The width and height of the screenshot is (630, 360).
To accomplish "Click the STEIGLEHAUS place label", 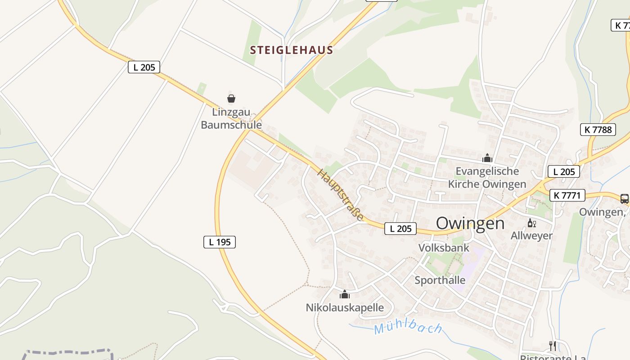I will [292, 50].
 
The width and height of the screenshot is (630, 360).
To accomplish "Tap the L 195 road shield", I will [220, 242].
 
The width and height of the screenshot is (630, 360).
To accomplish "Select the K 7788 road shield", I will [598, 130].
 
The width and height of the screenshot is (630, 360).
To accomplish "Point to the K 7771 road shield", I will [567, 195].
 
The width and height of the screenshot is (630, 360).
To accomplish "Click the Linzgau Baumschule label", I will [231, 118].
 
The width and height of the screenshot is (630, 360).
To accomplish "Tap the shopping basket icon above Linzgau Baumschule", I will [231, 99].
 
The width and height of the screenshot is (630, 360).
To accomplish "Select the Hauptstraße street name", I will [341, 194].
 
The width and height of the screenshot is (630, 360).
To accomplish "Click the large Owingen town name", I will [470, 223].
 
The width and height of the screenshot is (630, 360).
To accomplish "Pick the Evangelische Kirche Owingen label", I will [487, 177].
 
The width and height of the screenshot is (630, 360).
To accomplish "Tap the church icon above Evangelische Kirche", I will [487, 158].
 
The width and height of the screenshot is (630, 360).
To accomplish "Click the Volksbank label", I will [444, 247].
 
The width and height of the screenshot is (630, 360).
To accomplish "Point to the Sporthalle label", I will [440, 280].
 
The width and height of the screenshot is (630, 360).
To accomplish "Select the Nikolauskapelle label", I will [345, 307].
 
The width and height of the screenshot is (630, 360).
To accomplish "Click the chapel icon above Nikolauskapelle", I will [345, 294].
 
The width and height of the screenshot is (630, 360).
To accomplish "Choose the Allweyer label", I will [531, 235].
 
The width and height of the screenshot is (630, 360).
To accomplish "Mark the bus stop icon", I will [624, 198].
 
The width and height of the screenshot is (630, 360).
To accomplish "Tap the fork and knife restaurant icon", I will [553, 346].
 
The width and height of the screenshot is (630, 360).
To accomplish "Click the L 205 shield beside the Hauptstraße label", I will [400, 229].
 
